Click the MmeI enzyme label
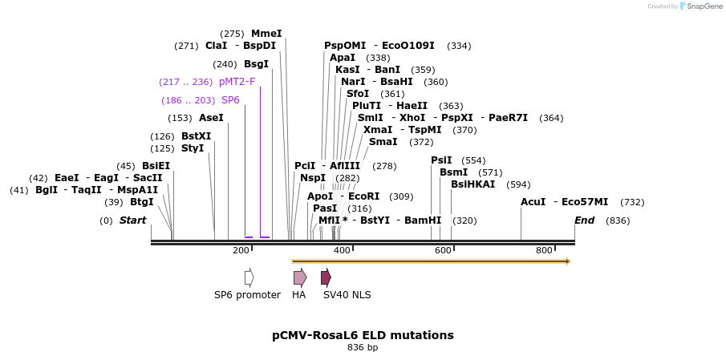pos(266,34)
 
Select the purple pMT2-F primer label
pos(237,82)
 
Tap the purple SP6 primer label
pos(230,100)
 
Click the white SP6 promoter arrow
pos(249,277)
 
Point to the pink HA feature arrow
pos(299,277)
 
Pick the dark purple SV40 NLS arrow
pos(326,277)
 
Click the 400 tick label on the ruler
pos(342,251)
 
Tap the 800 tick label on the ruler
pos(544,251)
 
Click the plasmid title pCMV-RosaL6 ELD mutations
pos(363,335)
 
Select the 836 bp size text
pos(363,348)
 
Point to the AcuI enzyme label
pos(533,202)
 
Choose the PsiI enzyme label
pos(441,160)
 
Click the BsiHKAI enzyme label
pos(473,184)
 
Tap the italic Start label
pos(133,220)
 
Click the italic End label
pos(585,220)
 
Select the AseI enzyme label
pos(211,118)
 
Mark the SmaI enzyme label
pos(383,142)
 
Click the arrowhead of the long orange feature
pos(567,261)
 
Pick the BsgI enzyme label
pos(256,64)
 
